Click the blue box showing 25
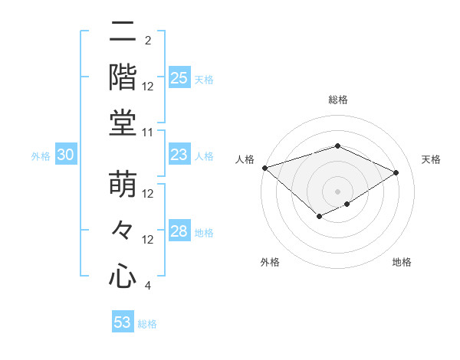click(179, 77)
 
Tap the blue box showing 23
click(179, 155)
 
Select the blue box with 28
click(179, 231)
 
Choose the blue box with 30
click(66, 155)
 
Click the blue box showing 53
click(123, 322)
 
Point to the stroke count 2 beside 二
click(147, 41)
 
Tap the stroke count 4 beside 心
click(147, 286)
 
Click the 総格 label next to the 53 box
click(147, 324)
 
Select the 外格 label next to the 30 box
click(41, 156)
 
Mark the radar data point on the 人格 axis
click(264, 168)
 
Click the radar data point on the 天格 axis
click(396, 172)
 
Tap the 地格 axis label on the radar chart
click(402, 262)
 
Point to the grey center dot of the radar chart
click(337, 191)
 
